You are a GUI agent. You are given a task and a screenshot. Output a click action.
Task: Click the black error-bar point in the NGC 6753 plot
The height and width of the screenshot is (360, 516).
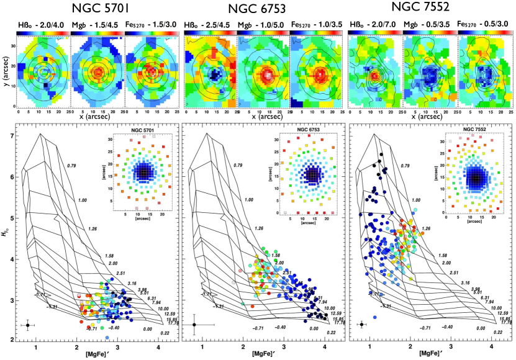195,324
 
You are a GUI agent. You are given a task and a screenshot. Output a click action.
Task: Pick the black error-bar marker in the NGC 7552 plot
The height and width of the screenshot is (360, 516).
361,324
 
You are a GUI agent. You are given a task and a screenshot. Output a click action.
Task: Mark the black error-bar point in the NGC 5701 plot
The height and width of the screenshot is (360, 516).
28,325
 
